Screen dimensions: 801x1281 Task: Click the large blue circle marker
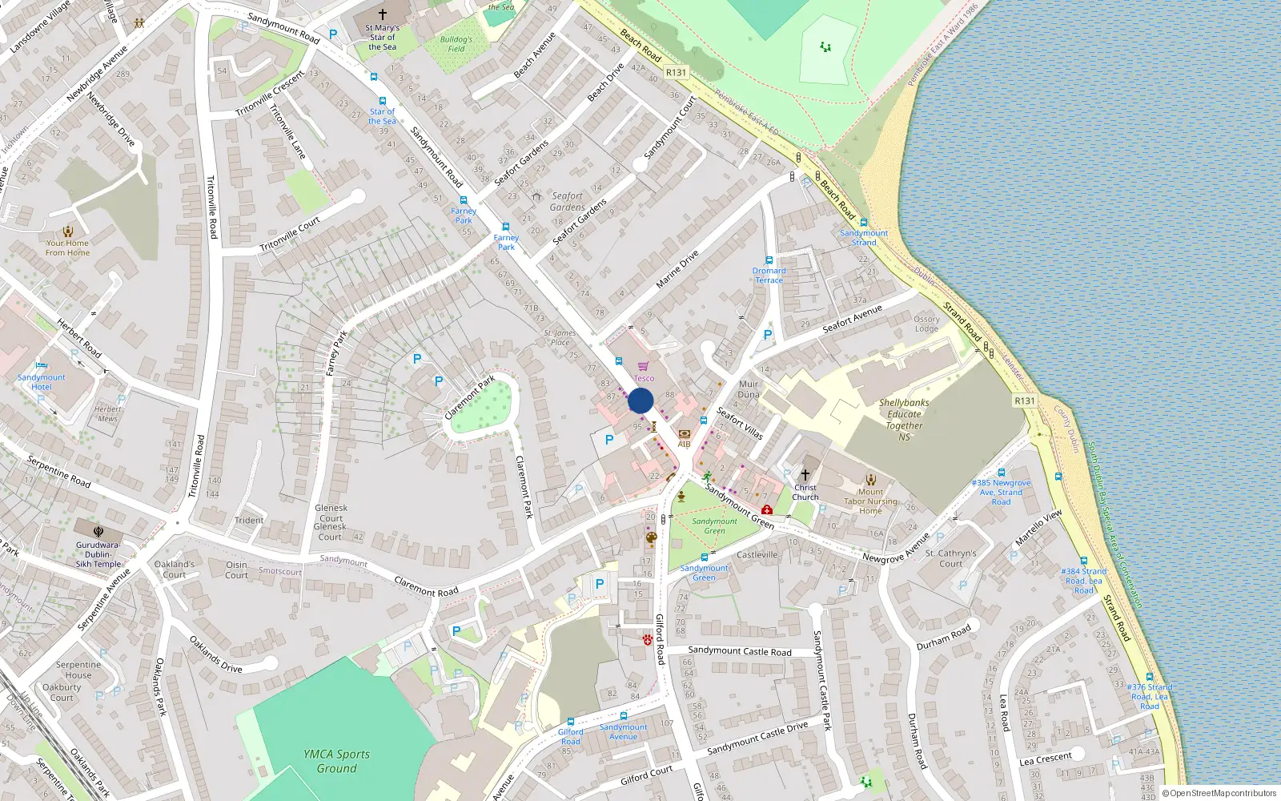640,400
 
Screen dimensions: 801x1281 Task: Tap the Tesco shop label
644,378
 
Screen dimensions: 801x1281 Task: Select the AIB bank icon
684,434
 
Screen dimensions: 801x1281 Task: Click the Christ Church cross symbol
805,474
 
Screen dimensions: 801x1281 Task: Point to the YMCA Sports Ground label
336,761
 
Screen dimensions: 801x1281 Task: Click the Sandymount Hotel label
42,382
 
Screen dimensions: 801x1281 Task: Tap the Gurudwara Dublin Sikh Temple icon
98,531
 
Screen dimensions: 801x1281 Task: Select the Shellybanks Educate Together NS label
904,420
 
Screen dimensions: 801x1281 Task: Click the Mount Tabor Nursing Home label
870,501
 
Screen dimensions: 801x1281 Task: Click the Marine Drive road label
677,269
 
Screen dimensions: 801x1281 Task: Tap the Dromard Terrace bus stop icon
769,260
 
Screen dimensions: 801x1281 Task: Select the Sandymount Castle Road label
739,651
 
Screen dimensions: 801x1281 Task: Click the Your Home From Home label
67,248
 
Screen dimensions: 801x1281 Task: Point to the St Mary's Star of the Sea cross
383,14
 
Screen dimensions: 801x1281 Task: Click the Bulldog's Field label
456,44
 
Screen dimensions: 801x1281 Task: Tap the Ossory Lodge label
926,324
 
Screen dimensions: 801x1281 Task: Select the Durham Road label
943,638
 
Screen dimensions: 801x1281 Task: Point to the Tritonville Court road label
290,234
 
